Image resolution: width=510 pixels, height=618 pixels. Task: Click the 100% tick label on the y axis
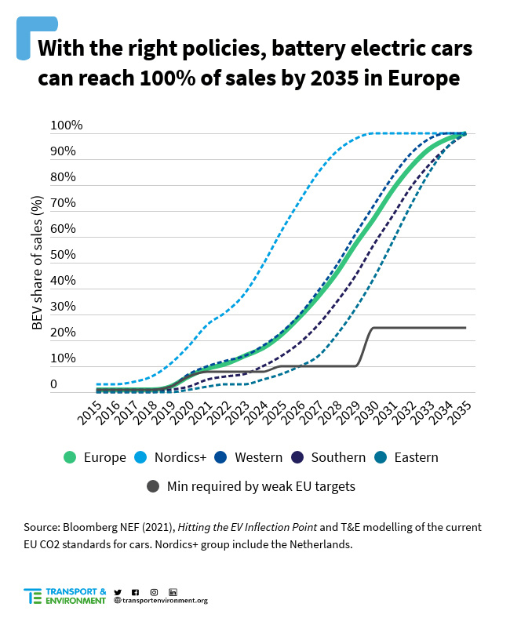click(66, 125)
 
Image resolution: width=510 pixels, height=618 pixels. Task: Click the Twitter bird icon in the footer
click(118, 591)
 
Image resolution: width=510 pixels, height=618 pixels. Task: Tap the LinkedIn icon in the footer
click(173, 591)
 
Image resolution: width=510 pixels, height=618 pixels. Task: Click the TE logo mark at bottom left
click(32, 596)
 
